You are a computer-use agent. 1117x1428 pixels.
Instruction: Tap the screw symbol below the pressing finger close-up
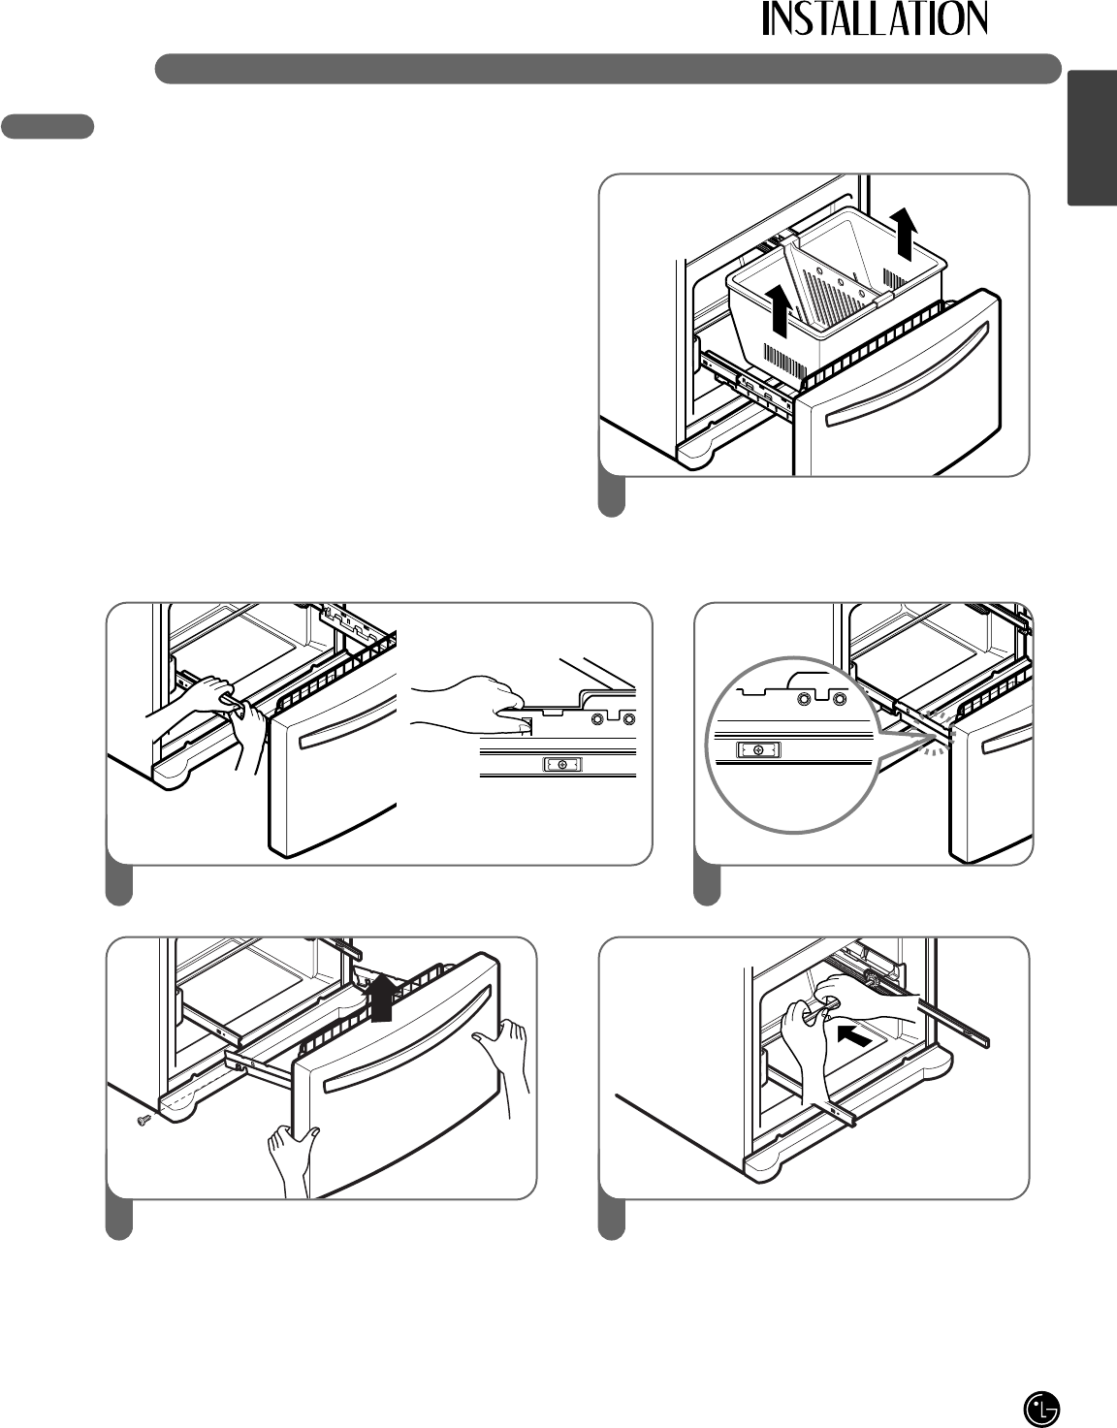(x=563, y=765)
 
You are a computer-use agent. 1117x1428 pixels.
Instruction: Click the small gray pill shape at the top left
(x=48, y=126)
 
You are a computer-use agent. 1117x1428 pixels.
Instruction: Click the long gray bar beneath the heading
(x=607, y=69)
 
